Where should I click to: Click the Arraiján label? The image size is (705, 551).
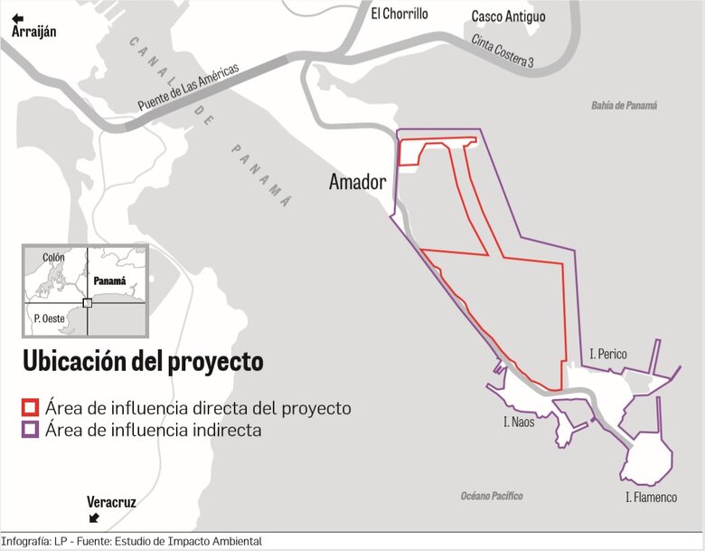click(x=34, y=32)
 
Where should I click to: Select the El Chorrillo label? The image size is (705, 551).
click(x=399, y=14)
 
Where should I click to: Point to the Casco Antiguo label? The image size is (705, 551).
click(x=508, y=16)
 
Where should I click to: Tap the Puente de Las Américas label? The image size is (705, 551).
click(x=189, y=88)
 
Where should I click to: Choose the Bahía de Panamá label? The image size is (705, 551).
click(x=625, y=105)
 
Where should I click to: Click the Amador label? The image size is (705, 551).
click(x=357, y=183)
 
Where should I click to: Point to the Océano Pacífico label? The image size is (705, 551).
click(x=492, y=496)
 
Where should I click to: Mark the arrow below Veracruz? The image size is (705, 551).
click(x=94, y=518)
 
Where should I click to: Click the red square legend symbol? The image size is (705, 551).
click(x=31, y=408)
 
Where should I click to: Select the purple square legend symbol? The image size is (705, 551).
click(x=31, y=430)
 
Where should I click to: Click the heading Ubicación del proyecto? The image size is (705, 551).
click(x=143, y=361)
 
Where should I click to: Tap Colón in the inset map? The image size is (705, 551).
click(x=53, y=258)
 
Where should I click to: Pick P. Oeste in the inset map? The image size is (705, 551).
click(x=45, y=318)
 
